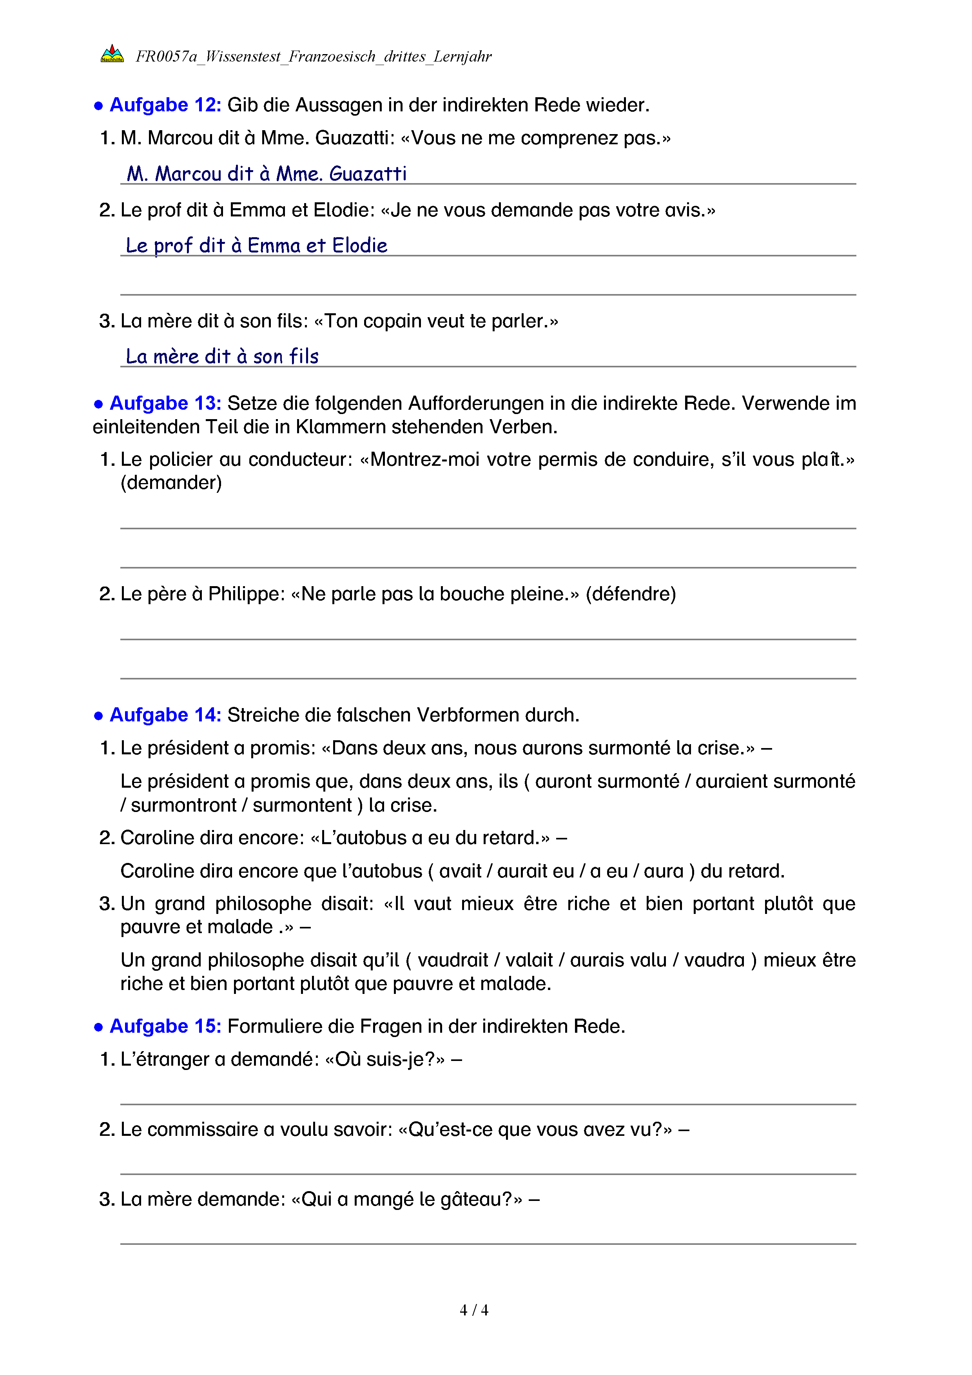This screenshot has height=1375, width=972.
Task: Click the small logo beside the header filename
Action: coord(112,54)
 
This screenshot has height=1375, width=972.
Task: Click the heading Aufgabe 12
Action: coord(165,105)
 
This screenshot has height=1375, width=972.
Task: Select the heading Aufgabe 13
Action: coord(165,403)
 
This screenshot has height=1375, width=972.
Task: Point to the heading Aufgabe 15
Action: coord(165,1026)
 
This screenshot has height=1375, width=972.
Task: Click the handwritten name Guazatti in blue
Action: coord(368,174)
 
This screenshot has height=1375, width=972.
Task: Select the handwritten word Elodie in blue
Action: coord(360,245)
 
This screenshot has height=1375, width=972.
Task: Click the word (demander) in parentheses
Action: coord(171,483)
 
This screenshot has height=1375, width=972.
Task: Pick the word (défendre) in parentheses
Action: coord(630,594)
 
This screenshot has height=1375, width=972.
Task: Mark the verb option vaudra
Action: coord(714,960)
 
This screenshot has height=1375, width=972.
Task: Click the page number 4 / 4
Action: coord(473,1310)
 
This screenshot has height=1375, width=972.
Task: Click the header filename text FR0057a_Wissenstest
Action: coord(208,56)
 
